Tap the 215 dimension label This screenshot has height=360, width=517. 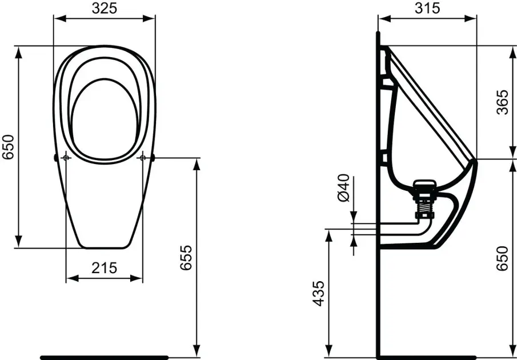pos(104,267)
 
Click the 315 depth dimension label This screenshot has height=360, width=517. pos(427,8)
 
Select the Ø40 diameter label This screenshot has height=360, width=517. pos(343,188)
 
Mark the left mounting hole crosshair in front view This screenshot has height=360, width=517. pos(66,158)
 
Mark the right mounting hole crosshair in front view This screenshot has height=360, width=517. pos(143,158)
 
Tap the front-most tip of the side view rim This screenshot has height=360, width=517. pos(475,162)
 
